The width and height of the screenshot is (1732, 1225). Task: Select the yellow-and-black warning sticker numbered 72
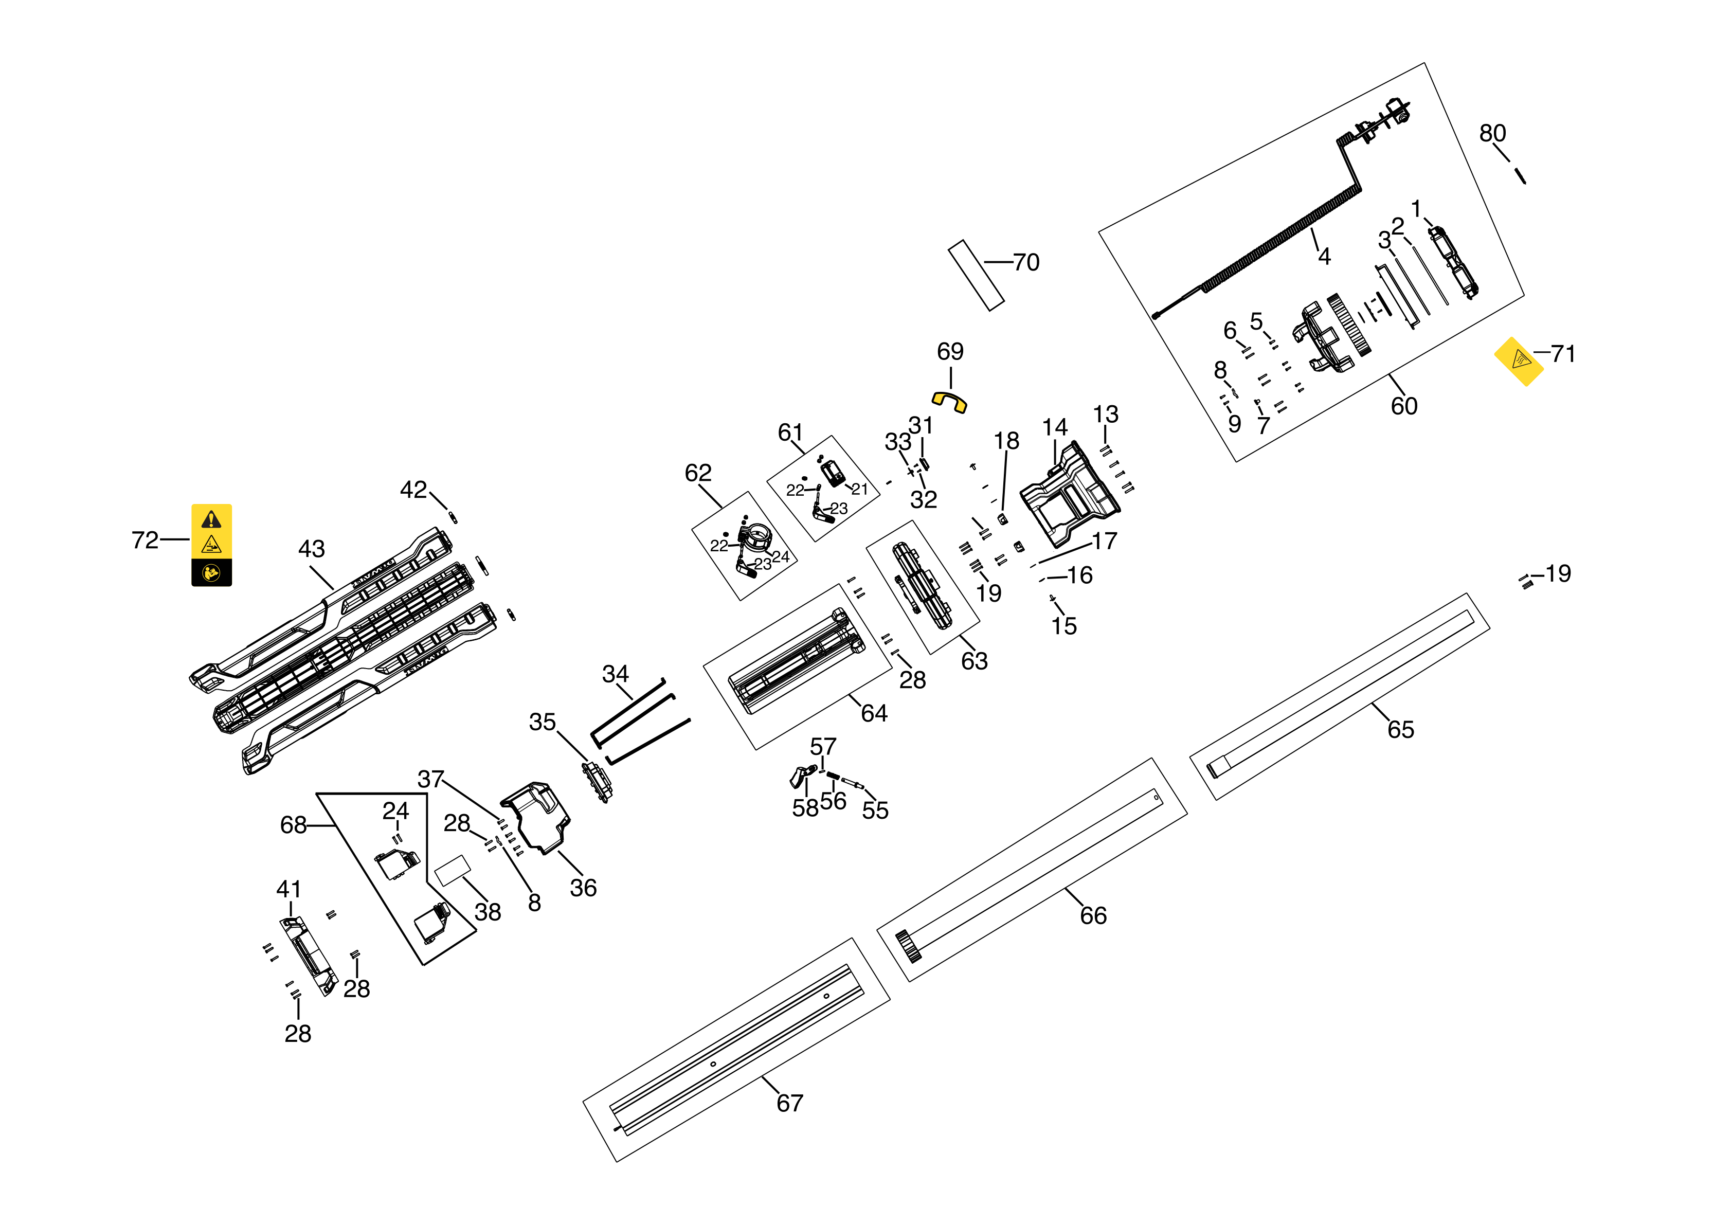pyautogui.click(x=211, y=545)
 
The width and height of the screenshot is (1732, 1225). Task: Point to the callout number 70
pyautogui.click(x=1026, y=262)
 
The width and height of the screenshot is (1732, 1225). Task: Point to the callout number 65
pyautogui.click(x=1401, y=729)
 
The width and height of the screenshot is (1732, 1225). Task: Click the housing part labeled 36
pyautogui.click(x=537, y=818)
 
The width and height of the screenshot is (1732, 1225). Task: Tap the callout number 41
pyautogui.click(x=289, y=889)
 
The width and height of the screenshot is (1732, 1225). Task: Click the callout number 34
pyautogui.click(x=616, y=674)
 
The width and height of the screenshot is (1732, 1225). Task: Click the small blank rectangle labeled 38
pyautogui.click(x=453, y=870)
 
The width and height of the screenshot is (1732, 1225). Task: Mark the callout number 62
pyautogui.click(x=698, y=473)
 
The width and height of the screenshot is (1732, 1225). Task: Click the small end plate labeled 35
pyautogui.click(x=596, y=782)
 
